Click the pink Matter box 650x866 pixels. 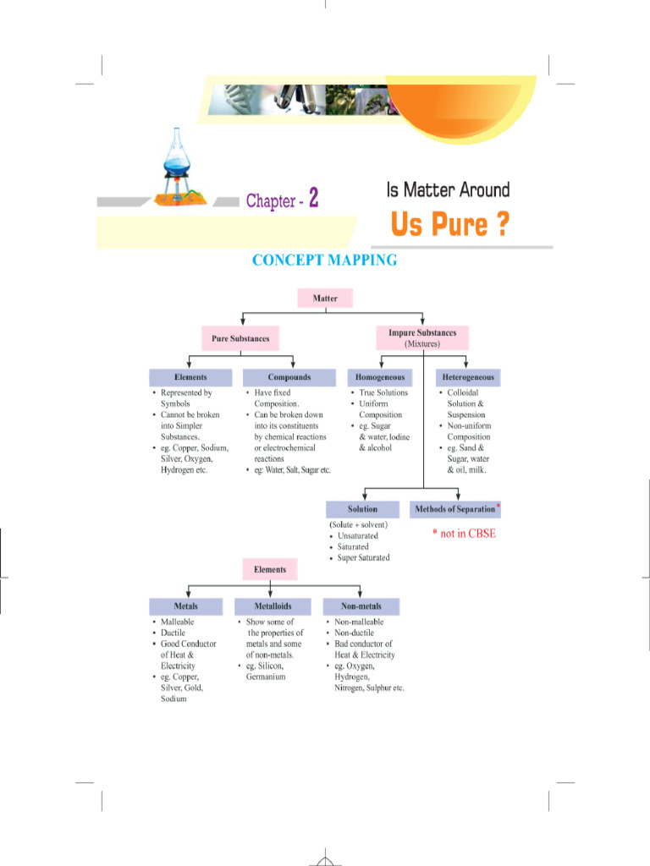point(325,299)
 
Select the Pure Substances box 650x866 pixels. point(240,338)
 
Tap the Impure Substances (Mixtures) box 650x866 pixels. point(421,338)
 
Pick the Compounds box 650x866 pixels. point(289,377)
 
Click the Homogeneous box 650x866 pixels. point(380,377)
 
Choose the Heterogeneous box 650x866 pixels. point(468,377)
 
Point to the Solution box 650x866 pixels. point(362,509)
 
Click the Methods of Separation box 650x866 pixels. point(454,509)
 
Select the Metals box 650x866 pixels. point(185,606)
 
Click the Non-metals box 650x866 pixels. point(361,606)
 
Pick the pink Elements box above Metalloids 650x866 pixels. point(270,569)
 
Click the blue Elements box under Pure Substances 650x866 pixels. point(190,377)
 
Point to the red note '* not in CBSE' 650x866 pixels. point(464,534)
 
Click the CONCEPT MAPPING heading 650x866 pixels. point(325,260)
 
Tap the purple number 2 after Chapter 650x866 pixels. point(313,199)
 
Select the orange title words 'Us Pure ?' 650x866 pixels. point(449,226)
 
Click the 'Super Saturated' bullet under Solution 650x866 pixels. point(363,557)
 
